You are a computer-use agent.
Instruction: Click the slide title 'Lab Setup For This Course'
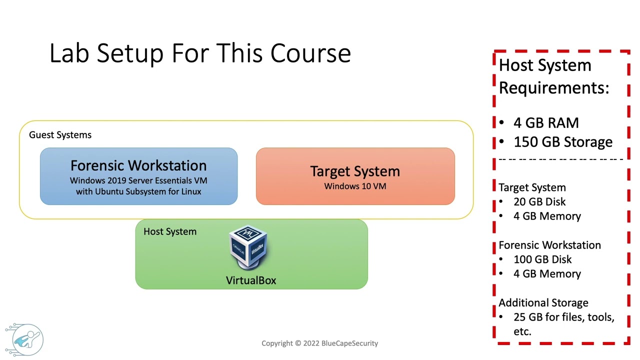click(x=200, y=53)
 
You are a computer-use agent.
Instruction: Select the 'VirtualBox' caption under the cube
click(x=251, y=280)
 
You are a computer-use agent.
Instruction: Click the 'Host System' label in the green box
click(x=170, y=231)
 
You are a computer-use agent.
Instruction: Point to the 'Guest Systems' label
click(x=60, y=135)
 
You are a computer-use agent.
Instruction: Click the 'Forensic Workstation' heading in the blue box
click(x=138, y=165)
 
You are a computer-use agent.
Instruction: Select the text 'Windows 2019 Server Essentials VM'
click(x=138, y=180)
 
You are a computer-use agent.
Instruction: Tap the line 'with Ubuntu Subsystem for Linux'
click(x=138, y=191)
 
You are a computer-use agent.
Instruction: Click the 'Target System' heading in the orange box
click(x=355, y=171)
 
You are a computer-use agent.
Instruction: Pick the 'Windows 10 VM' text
click(x=355, y=186)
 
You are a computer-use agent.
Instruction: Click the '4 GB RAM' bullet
click(x=546, y=123)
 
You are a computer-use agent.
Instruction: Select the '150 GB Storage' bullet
click(x=562, y=142)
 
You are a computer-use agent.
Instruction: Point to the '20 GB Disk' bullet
click(x=539, y=202)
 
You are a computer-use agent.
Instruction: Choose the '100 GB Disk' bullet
click(x=542, y=259)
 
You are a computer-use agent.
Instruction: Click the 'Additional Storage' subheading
click(x=543, y=303)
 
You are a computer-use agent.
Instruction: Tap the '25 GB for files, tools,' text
click(x=563, y=317)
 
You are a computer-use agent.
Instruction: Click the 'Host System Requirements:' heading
click(x=553, y=76)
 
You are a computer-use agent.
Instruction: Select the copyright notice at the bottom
click(x=320, y=343)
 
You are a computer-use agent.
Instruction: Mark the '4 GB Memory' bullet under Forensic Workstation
click(x=547, y=274)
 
